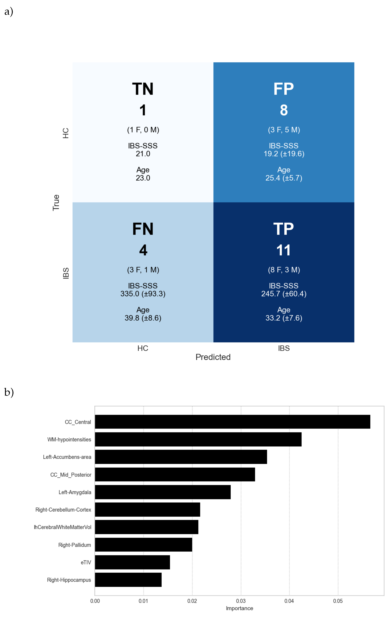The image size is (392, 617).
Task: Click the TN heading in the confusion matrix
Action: [143, 89]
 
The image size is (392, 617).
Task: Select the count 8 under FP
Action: [284, 110]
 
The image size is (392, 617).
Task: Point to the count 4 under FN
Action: [143, 250]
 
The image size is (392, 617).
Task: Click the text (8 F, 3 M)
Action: [284, 270]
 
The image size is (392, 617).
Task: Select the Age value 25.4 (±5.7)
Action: [284, 178]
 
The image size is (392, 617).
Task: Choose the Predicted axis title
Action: [213, 357]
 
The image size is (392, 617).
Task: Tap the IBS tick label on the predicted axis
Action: [284, 348]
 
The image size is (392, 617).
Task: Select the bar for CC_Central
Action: [232, 422]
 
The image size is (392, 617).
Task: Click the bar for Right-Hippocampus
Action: [128, 580]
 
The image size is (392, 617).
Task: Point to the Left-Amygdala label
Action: [75, 492]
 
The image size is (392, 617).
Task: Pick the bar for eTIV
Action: [132, 562]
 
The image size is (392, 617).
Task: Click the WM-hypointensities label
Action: [69, 439]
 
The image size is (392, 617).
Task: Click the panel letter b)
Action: [9, 392]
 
